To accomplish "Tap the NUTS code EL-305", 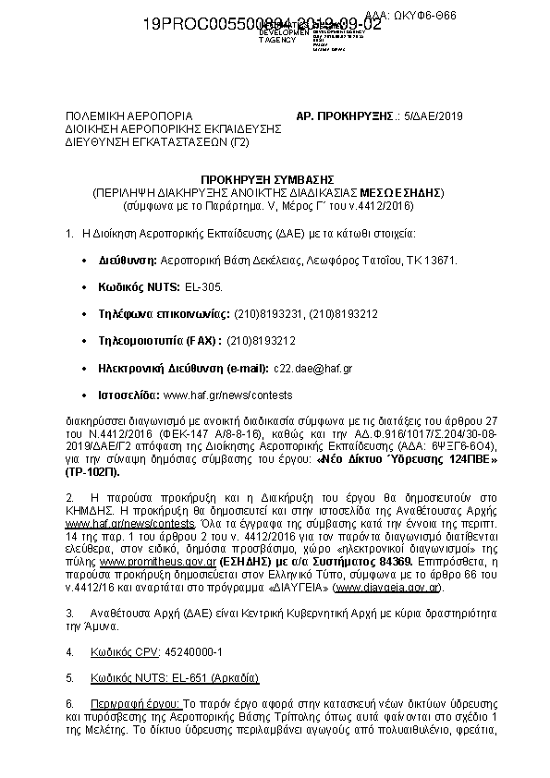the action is pyautogui.click(x=204, y=287).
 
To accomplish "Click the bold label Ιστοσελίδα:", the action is pyautogui.click(x=129, y=395).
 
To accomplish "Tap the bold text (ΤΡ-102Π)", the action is pyautogui.click(x=93, y=470).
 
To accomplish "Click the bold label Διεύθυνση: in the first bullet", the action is pyautogui.click(x=128, y=261).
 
